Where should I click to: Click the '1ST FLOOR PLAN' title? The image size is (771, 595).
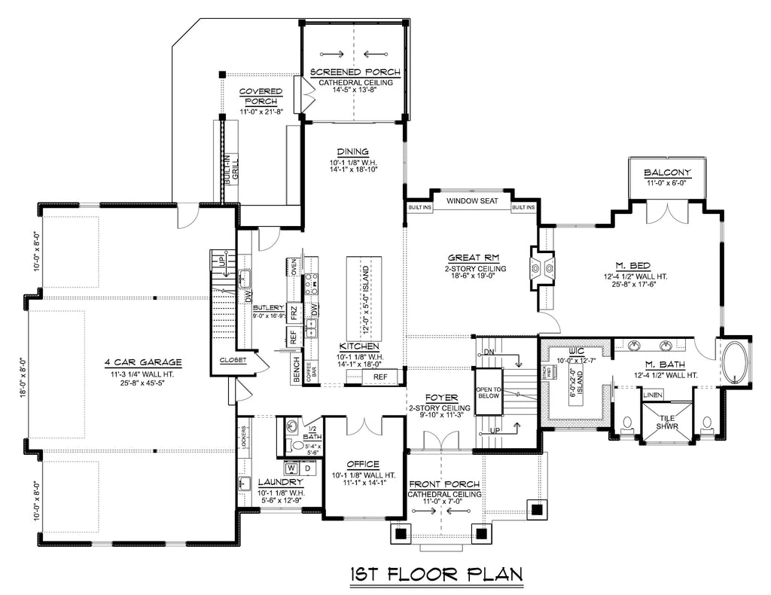pyautogui.click(x=436, y=575)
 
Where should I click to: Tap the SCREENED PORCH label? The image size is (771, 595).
pyautogui.click(x=355, y=72)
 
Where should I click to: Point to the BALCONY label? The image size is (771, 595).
pyautogui.click(x=667, y=172)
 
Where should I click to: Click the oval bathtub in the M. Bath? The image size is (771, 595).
pyautogui.click(x=736, y=365)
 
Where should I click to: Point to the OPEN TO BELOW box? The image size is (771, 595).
pyautogui.click(x=488, y=391)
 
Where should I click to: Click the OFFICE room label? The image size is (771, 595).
pyautogui.click(x=362, y=464)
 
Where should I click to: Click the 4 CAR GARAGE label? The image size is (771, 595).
pyautogui.click(x=143, y=362)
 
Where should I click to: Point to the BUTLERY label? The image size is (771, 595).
pyautogui.click(x=269, y=308)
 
